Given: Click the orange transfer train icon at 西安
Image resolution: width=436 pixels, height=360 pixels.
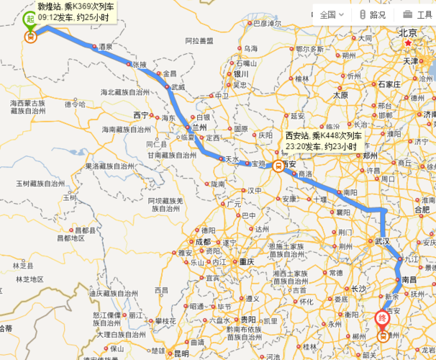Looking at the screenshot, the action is (x=277, y=164).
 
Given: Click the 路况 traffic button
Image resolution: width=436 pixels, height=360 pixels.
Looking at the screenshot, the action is (x=372, y=14).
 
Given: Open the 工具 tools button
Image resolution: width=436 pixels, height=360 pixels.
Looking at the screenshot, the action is (x=417, y=14).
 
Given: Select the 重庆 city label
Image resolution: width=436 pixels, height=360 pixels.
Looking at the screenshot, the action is (x=248, y=261).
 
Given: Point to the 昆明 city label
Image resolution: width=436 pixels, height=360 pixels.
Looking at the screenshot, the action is (x=181, y=353).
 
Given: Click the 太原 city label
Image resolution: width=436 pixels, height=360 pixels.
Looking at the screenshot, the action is (x=340, y=95).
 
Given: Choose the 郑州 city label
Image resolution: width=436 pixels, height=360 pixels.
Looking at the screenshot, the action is (x=371, y=154).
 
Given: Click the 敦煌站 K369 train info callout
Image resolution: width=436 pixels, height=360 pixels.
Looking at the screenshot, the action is (x=70, y=11).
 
